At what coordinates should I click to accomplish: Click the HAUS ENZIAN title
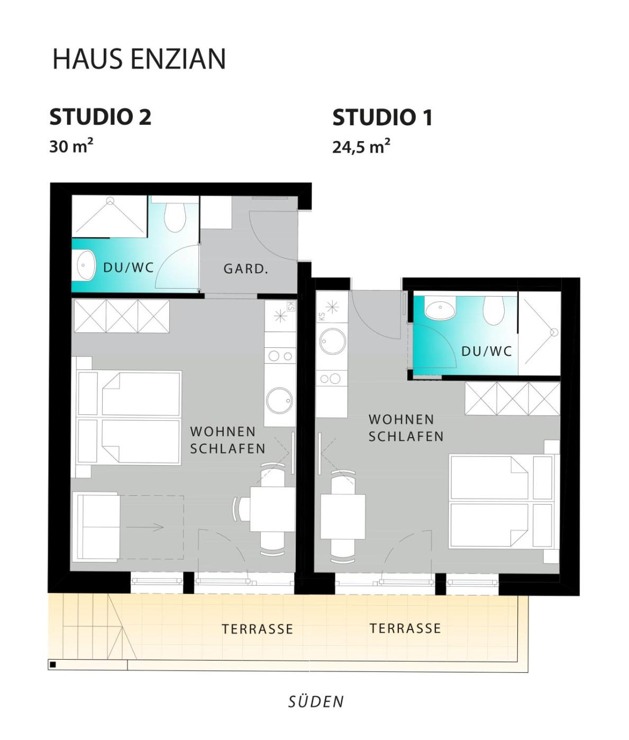tap(139, 59)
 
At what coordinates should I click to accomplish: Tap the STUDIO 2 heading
tap(101, 117)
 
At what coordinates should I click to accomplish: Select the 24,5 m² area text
tap(361, 146)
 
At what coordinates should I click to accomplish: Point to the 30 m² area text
tap(71, 146)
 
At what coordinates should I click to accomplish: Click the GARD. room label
tap(246, 269)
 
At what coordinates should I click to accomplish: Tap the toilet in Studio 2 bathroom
tap(175, 217)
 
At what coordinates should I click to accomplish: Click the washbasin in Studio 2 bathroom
tap(85, 266)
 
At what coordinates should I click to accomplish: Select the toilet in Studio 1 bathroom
tap(494, 310)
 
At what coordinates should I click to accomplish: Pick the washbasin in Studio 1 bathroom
tap(440, 309)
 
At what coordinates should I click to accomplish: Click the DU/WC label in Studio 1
tap(486, 351)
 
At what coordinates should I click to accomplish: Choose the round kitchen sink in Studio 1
tap(333, 341)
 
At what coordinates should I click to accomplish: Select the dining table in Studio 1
tap(343, 516)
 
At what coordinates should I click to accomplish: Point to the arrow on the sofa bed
tap(145, 527)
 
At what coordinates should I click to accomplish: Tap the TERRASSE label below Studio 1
tap(405, 628)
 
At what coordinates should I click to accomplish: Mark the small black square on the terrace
tap(53, 665)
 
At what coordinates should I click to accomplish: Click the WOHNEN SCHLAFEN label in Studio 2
tap(227, 440)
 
